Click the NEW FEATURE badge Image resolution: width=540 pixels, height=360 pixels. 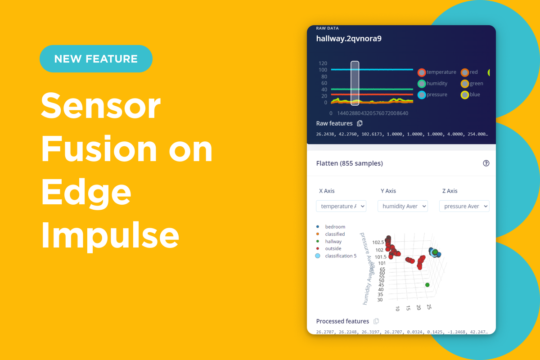96,58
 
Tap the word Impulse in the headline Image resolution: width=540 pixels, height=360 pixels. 110,235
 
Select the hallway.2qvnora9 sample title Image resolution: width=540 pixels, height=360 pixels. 349,38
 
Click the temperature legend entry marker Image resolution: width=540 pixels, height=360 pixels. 422,72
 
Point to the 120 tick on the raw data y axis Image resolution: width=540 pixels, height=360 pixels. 323,63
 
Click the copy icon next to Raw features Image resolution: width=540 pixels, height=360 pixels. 360,123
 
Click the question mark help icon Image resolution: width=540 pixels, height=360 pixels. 486,163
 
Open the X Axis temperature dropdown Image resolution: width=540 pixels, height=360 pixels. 341,206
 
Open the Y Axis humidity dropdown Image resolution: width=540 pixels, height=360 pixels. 402,206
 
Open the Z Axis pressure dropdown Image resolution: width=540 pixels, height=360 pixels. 464,206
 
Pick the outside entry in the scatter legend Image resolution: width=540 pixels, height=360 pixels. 333,248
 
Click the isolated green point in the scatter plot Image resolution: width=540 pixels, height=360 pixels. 427,285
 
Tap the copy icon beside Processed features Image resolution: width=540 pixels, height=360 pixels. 376,321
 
